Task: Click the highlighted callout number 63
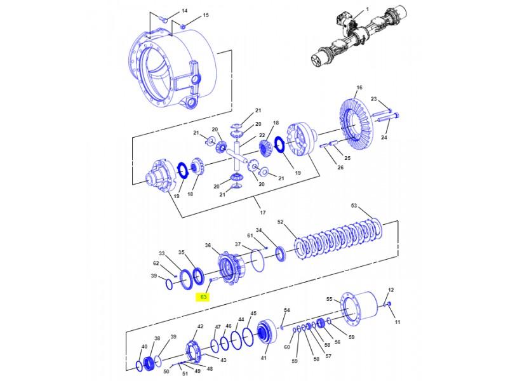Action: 204,297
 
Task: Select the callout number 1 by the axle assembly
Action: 367,11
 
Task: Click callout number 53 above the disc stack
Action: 354,206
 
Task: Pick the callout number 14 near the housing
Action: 167,11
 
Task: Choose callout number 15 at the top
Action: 187,15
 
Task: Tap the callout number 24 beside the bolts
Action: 384,137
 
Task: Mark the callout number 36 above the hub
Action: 208,245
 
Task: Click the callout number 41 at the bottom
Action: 264,358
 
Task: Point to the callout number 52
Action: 281,222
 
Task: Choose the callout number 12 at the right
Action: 391,290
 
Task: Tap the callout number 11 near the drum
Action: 398,323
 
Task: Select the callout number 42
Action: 200,326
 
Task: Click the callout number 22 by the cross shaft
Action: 262,135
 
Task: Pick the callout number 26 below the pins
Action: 340,168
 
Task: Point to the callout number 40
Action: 144,346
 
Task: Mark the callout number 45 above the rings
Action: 253,314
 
